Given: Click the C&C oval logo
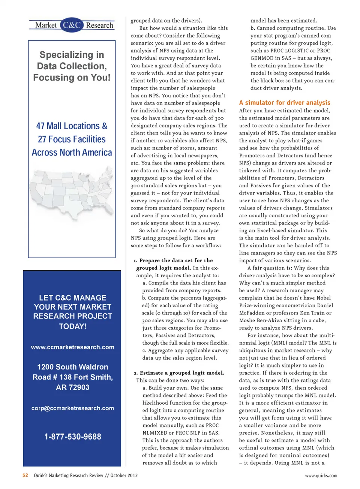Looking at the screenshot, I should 72,25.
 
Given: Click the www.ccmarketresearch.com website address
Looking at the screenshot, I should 73,347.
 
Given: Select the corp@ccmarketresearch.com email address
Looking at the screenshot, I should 73,408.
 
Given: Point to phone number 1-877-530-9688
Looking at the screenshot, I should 73,437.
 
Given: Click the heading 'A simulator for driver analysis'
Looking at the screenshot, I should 285,102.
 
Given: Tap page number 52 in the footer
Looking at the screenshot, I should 25,475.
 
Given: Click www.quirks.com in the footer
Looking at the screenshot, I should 321,476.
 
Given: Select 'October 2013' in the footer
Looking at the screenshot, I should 124,475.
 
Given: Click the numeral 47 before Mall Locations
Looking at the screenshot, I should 40,126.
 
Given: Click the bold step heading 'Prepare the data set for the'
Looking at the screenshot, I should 176,260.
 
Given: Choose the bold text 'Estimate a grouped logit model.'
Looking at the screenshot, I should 182,372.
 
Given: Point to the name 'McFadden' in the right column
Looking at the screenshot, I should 252,313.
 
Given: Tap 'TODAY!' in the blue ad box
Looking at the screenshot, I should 73,326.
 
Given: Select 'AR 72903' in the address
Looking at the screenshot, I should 73,387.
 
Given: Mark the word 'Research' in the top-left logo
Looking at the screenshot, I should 99,25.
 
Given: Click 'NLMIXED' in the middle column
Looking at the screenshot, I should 154,433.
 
